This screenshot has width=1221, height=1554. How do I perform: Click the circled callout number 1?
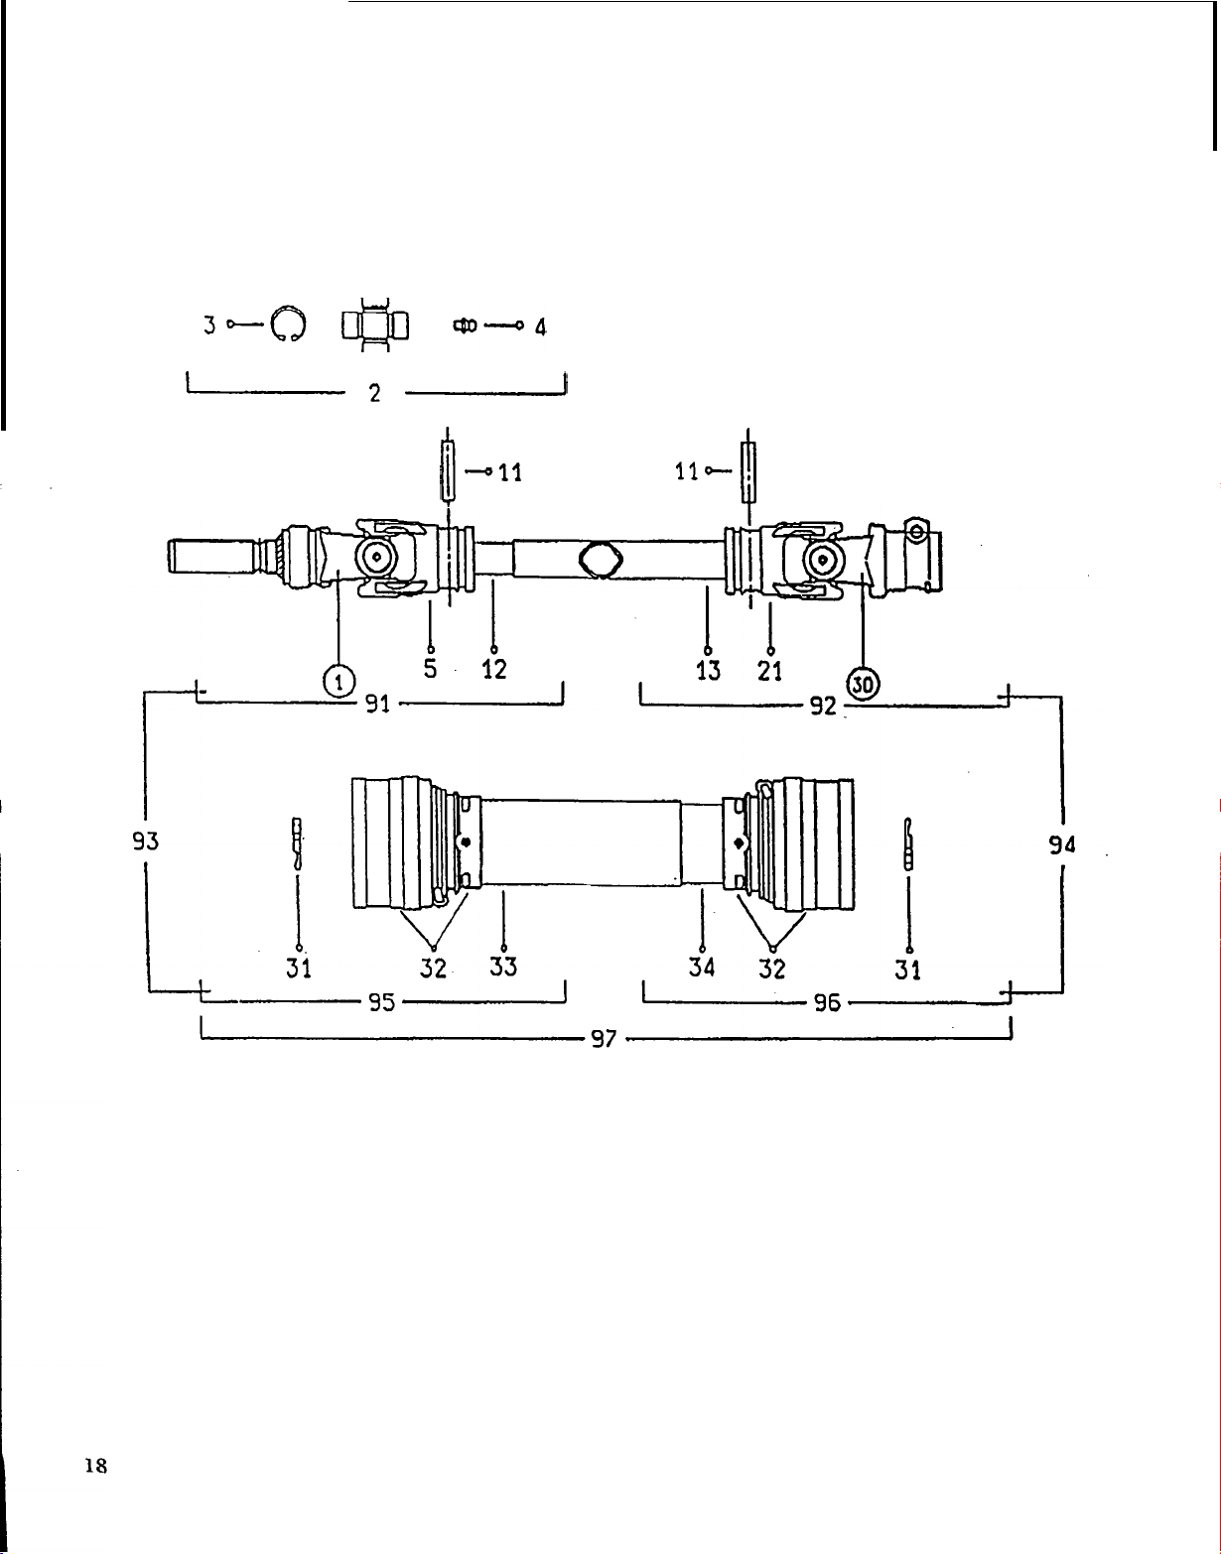(339, 680)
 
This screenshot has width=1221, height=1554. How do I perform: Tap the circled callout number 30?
(863, 685)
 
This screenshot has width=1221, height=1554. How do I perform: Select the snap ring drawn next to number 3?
(288, 324)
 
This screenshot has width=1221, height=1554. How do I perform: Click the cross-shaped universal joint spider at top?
(375, 325)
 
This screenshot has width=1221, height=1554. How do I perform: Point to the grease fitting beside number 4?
(465, 326)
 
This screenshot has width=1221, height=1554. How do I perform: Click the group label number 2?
(375, 393)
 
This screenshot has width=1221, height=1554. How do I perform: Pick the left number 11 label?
(510, 472)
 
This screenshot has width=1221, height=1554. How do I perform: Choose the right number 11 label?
(687, 471)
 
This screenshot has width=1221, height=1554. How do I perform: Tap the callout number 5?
(430, 669)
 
